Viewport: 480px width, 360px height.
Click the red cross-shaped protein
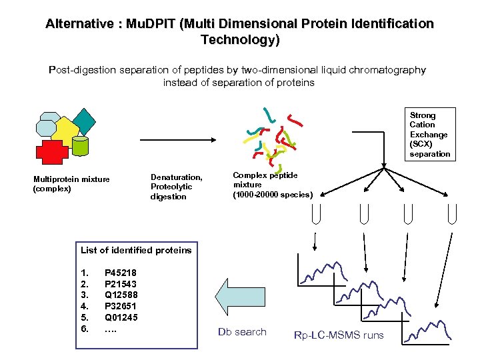tap(51, 151)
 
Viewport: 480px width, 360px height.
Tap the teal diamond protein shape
tap(85, 121)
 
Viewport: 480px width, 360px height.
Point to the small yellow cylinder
tap(81, 146)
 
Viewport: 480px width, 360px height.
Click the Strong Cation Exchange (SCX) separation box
tap(429, 134)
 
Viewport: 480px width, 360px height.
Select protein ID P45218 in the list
tap(121, 272)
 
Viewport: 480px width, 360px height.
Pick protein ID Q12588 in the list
tap(121, 295)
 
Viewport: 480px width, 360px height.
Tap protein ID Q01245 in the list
tap(121, 317)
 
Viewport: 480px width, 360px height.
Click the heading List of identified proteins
tap(135, 250)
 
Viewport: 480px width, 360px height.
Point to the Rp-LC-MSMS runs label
tap(339, 335)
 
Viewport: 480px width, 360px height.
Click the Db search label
tap(242, 332)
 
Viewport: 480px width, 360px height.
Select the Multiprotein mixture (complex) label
tap(71, 183)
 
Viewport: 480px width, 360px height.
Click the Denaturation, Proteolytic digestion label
tap(176, 187)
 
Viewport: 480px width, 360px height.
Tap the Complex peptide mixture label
tap(272, 185)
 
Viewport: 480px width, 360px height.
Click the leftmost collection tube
tap(317, 215)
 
